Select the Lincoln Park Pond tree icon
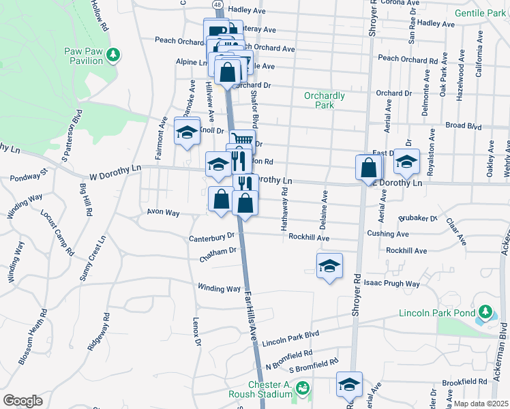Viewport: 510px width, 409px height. pyautogui.click(x=485, y=313)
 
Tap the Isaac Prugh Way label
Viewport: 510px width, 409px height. pyautogui.click(x=392, y=283)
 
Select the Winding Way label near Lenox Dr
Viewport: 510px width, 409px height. pyautogui.click(x=219, y=288)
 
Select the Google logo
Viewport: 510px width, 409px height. pyautogui.click(x=23, y=400)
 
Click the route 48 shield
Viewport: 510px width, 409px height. pyautogui.click(x=216, y=4)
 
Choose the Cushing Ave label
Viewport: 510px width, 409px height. pyautogui.click(x=388, y=234)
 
